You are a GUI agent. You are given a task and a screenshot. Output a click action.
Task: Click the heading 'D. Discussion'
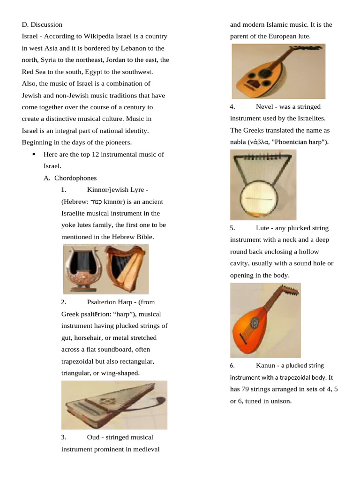[x=42, y=24]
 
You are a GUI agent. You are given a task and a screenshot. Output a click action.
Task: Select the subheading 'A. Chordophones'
[x=70, y=178]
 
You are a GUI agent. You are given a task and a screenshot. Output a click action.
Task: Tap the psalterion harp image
[x=114, y=405]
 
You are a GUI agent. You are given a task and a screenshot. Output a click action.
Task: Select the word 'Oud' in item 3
[x=93, y=437]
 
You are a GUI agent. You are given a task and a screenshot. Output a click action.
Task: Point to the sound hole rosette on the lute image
[x=255, y=323]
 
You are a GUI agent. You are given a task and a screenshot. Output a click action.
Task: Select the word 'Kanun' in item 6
[x=265, y=365]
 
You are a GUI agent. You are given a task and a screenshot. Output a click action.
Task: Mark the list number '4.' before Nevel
[x=232, y=107]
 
